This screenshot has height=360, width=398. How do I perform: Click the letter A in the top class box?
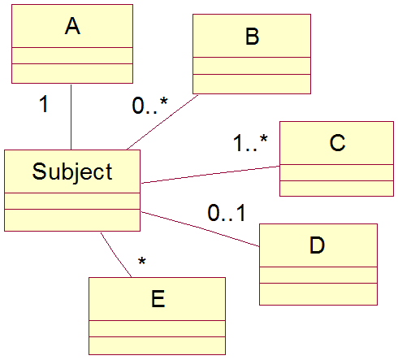click(x=72, y=26)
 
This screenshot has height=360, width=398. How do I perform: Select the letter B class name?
click(x=253, y=37)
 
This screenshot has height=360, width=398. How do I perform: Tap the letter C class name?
click(x=337, y=142)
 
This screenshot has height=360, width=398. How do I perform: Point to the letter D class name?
click(x=317, y=245)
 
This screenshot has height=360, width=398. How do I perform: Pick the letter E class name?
click(x=158, y=298)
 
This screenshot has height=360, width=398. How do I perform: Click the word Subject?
click(x=72, y=171)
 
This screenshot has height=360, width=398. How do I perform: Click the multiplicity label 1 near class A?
click(x=44, y=104)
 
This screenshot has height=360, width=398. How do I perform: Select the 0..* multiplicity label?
click(x=149, y=106)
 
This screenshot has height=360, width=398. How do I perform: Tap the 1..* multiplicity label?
click(x=250, y=143)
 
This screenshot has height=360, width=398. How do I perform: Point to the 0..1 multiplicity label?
click(x=227, y=213)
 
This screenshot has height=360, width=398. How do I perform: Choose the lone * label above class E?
click(x=142, y=261)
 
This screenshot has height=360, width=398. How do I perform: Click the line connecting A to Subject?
click(x=71, y=117)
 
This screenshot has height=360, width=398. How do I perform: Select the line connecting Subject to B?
click(x=162, y=122)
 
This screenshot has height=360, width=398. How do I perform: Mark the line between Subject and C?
click(x=210, y=175)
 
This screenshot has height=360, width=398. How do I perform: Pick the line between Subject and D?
click(x=201, y=229)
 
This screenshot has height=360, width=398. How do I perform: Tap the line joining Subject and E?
click(x=116, y=255)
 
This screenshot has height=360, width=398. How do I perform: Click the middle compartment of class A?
click(x=72, y=56)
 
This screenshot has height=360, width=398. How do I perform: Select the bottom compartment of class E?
click(x=157, y=345)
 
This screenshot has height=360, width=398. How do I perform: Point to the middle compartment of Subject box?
click(x=72, y=201)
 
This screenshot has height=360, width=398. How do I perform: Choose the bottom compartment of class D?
click(x=318, y=294)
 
